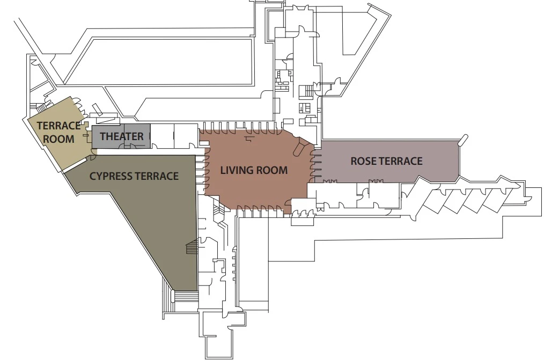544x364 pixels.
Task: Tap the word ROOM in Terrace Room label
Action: (x=58, y=139)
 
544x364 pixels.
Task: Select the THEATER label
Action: (x=122, y=137)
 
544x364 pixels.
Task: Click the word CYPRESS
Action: (x=110, y=176)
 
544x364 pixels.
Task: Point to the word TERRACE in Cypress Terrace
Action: (x=156, y=176)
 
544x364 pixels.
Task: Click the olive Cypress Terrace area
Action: (x=156, y=225)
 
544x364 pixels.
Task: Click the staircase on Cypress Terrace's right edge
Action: (x=192, y=249)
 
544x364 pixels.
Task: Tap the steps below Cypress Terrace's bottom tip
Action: (x=185, y=297)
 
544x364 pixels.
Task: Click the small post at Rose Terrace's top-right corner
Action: (x=461, y=142)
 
